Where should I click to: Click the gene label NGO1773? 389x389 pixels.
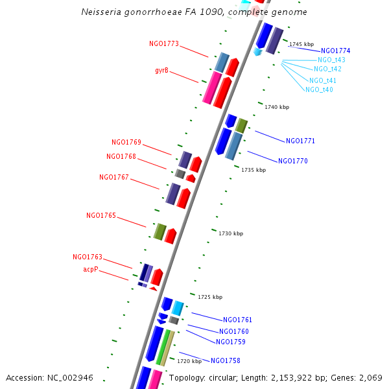(164, 44)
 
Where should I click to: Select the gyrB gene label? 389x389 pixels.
(162, 70)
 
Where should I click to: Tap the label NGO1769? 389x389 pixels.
(126, 142)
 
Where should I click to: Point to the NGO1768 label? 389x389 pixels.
(121, 156)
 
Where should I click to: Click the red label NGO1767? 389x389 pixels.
(114, 177)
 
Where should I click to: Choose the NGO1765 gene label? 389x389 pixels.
(101, 215)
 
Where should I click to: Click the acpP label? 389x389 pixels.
(91, 268)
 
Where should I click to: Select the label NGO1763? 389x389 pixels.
(88, 257)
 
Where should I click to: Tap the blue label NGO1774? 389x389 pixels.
(336, 51)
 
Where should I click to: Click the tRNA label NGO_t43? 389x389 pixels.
(331, 60)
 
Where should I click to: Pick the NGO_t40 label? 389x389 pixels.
(320, 89)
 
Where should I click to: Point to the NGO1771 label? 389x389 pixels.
(301, 141)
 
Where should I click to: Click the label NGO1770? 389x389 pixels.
(293, 161)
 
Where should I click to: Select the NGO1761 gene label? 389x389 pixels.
(238, 320)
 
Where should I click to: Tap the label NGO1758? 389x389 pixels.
(226, 360)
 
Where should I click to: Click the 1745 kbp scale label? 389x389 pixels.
(301, 44)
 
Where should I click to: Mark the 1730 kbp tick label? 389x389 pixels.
(231, 233)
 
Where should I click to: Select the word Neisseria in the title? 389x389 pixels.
(101, 12)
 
